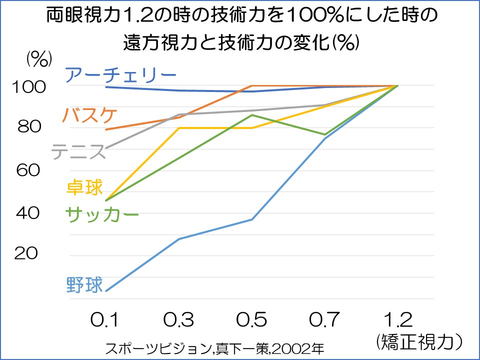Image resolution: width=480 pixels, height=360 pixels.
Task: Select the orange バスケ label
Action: [90, 115]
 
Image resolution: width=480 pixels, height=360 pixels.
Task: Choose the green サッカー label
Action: [102, 214]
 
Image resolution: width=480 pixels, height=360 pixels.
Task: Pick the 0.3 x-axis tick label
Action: [178, 319]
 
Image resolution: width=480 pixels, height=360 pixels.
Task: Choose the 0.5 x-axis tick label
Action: [251, 319]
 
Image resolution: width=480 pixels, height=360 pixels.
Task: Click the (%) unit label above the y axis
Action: [39, 59]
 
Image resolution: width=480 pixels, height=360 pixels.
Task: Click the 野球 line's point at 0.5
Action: [252, 219]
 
